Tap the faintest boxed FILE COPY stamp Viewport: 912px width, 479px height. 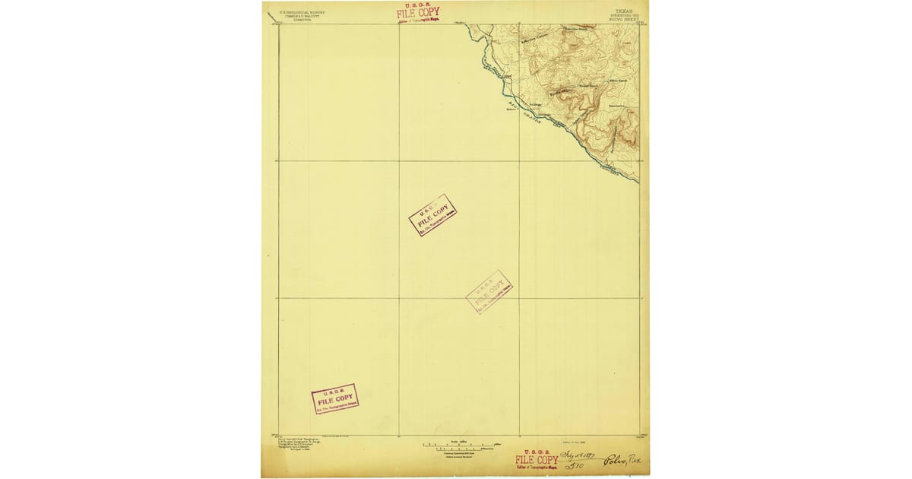pyautogui.click(x=489, y=291)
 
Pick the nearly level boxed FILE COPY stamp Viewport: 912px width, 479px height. pyautogui.click(x=334, y=398)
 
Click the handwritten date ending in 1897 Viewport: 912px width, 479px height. pyautogui.click(x=578, y=454)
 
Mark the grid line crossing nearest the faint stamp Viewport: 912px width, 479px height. pyautogui.click(x=520, y=297)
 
